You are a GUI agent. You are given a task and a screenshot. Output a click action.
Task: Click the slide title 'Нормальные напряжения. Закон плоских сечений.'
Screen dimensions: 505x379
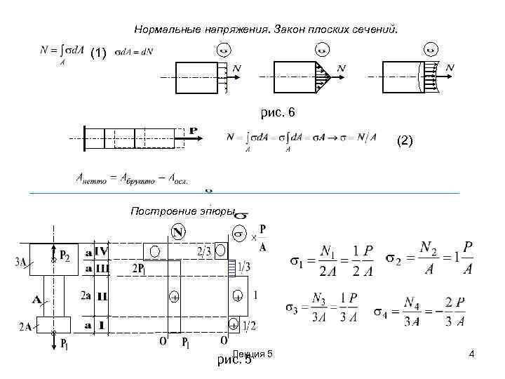pos(265,30)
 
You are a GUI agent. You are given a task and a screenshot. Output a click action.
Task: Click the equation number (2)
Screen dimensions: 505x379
pos(406,140)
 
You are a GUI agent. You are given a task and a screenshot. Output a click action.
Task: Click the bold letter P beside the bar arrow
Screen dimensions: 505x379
pos(193,131)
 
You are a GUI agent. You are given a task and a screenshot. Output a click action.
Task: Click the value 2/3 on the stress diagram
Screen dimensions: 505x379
pos(204,251)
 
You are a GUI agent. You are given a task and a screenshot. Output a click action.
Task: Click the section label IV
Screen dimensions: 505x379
pos(102,251)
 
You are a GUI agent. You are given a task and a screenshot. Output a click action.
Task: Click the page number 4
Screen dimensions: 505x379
pos(472,356)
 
